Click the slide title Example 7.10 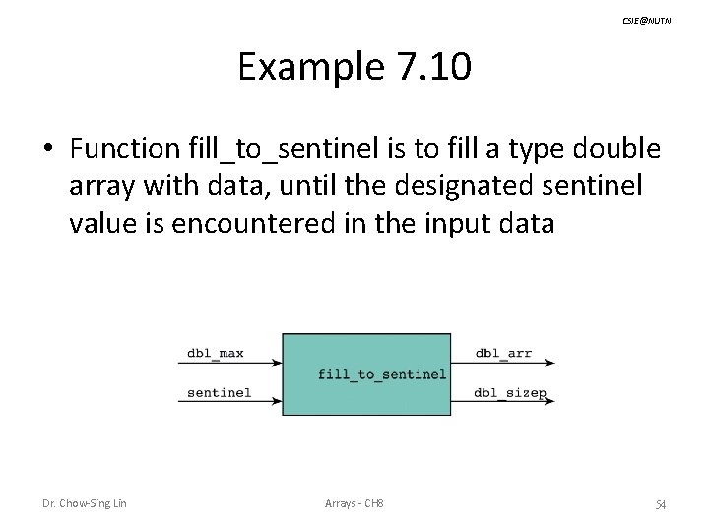point(354,68)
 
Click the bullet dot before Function point(48,149)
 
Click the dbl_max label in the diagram point(216,353)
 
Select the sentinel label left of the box point(219,392)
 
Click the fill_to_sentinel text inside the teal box point(382,374)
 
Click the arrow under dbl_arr point(507,364)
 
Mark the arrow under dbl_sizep point(507,403)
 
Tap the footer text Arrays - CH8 point(354,504)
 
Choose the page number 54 point(661,504)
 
